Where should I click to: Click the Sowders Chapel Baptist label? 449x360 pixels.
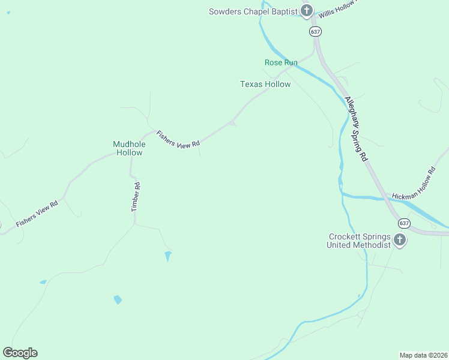tap(253, 11)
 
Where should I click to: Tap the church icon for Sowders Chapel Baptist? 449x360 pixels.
tap(307, 10)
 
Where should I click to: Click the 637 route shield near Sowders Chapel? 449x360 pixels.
tap(315, 31)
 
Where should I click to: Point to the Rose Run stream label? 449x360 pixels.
tap(281, 62)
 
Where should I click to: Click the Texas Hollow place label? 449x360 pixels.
tap(265, 84)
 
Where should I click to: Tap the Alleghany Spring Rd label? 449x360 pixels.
tap(355, 129)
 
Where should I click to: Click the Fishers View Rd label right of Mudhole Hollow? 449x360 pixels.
tap(178, 139)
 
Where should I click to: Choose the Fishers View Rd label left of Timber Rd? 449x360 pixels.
tap(37, 213)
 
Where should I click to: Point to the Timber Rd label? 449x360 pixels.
tap(136, 197)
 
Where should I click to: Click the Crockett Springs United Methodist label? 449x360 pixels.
tap(359, 241)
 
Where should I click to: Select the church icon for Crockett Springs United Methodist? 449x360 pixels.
tap(400, 241)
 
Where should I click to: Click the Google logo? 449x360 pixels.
tap(20, 353)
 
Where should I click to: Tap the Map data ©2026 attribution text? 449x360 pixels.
tap(423, 355)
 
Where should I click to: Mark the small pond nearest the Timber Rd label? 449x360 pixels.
tap(167, 256)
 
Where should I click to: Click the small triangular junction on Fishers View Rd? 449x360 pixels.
tap(232, 123)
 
